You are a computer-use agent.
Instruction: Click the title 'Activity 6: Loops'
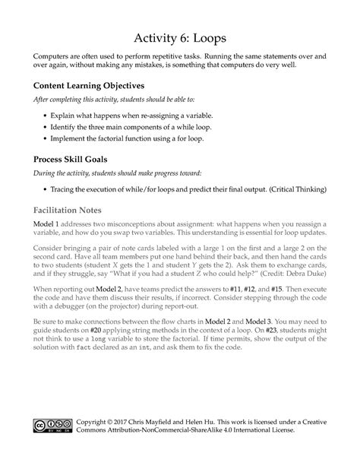pyautogui.click(x=179, y=36)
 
